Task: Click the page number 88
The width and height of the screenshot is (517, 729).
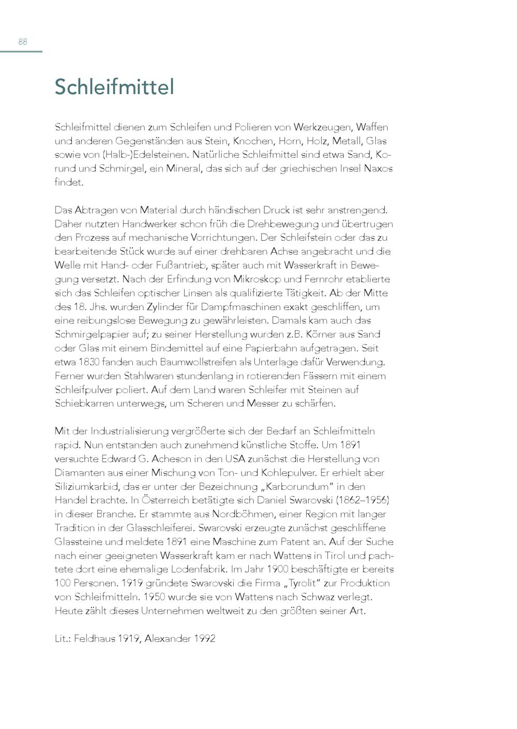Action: coord(23,42)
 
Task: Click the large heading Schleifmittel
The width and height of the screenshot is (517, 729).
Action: coord(114,87)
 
